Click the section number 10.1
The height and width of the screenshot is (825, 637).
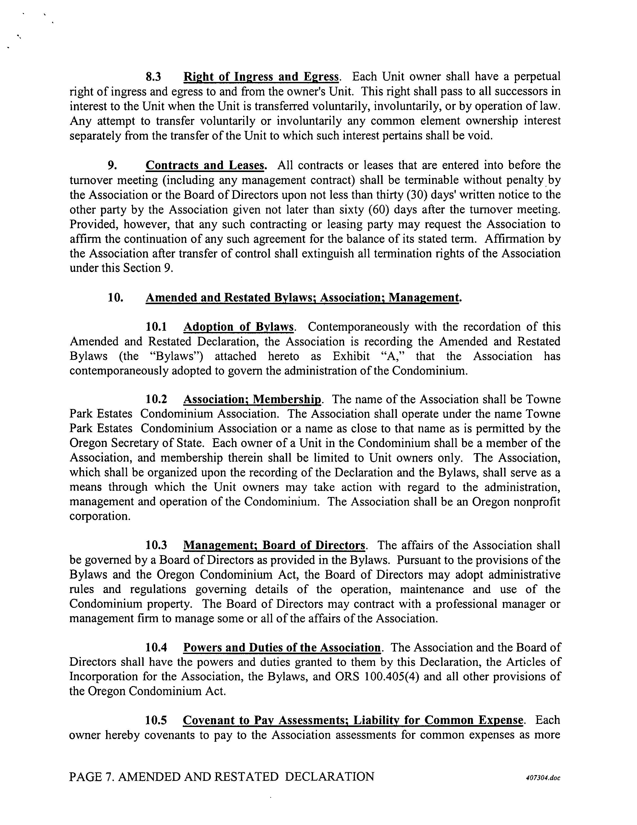[156, 327]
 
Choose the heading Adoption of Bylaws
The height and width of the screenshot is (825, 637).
[238, 327]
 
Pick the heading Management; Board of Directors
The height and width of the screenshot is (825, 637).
[274, 545]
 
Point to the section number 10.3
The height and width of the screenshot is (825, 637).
[156, 545]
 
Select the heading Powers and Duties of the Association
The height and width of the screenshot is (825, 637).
[282, 648]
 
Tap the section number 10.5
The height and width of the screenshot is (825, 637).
[156, 720]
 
